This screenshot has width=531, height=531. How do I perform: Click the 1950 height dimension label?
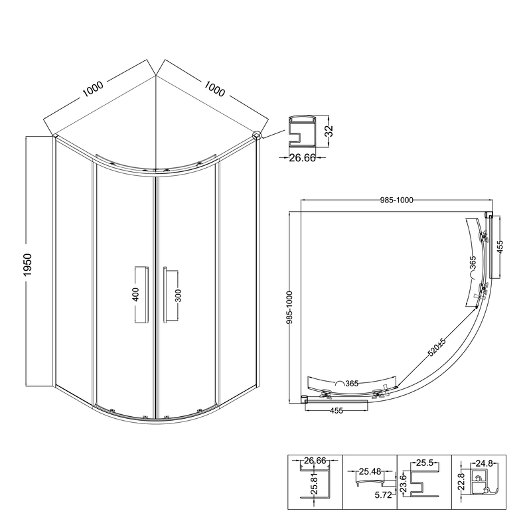coord(27,264)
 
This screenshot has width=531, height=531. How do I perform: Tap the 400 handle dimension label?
coord(135,294)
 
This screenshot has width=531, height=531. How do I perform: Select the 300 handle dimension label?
coord(179,295)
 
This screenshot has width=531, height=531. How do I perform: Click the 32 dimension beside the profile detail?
coord(329,131)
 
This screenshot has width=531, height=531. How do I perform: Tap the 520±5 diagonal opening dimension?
coord(437,347)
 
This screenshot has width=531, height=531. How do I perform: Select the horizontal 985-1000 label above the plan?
coord(396,200)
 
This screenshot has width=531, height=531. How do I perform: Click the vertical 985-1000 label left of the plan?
coord(290,307)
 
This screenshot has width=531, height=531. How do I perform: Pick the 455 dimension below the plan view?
coord(337,411)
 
